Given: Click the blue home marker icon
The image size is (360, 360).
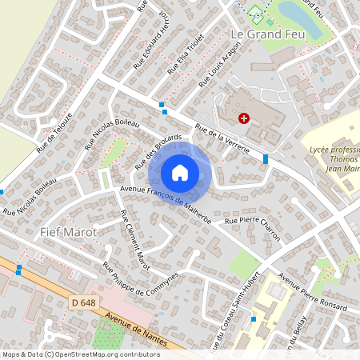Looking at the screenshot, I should [x=180, y=173].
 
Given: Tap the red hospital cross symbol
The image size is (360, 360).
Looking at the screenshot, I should [x=243, y=118].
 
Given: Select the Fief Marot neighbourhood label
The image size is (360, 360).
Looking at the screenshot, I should [x=67, y=231].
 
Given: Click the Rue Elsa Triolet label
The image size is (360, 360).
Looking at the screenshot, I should [x=186, y=53].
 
